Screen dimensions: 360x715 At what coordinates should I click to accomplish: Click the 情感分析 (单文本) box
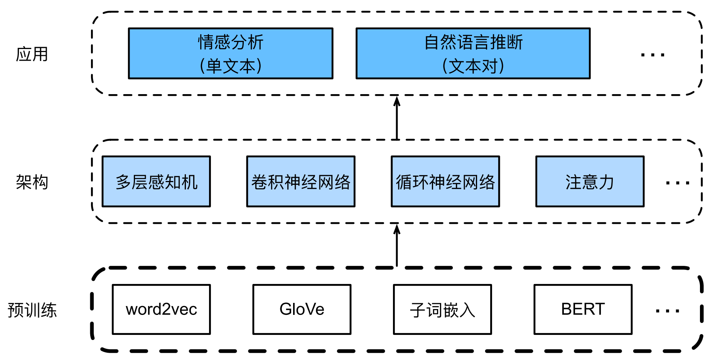click(x=230, y=53)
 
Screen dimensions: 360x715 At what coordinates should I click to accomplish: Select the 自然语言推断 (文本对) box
click(x=473, y=53)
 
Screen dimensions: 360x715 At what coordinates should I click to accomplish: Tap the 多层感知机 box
click(x=156, y=181)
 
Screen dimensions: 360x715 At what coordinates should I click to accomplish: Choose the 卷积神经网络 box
click(x=301, y=181)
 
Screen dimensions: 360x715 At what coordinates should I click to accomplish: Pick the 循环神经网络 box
click(x=445, y=181)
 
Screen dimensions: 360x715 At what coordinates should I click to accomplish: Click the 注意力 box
click(x=590, y=181)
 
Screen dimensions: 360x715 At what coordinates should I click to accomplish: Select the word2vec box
click(x=161, y=309)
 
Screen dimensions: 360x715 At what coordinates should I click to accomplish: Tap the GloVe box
click(x=302, y=309)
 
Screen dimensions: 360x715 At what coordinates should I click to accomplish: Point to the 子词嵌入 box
click(x=442, y=309)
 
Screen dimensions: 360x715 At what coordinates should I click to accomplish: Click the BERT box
click(x=583, y=309)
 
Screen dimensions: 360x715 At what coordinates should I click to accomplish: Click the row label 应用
click(x=32, y=54)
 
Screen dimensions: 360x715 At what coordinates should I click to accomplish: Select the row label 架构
click(x=32, y=182)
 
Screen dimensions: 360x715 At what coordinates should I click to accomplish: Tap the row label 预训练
click(x=32, y=310)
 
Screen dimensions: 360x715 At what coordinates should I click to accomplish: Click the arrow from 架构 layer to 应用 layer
click(x=397, y=118)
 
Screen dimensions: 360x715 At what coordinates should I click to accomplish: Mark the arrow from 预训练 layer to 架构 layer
click(x=397, y=246)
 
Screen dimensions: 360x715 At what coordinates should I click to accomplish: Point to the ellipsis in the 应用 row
click(x=653, y=55)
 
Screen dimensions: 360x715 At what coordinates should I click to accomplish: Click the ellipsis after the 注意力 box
click(x=678, y=183)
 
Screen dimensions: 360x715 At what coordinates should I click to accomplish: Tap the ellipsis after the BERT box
click(x=667, y=311)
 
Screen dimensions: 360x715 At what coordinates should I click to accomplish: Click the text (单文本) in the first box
click(x=230, y=66)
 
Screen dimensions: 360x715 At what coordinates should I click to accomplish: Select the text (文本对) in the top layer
click(x=473, y=66)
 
